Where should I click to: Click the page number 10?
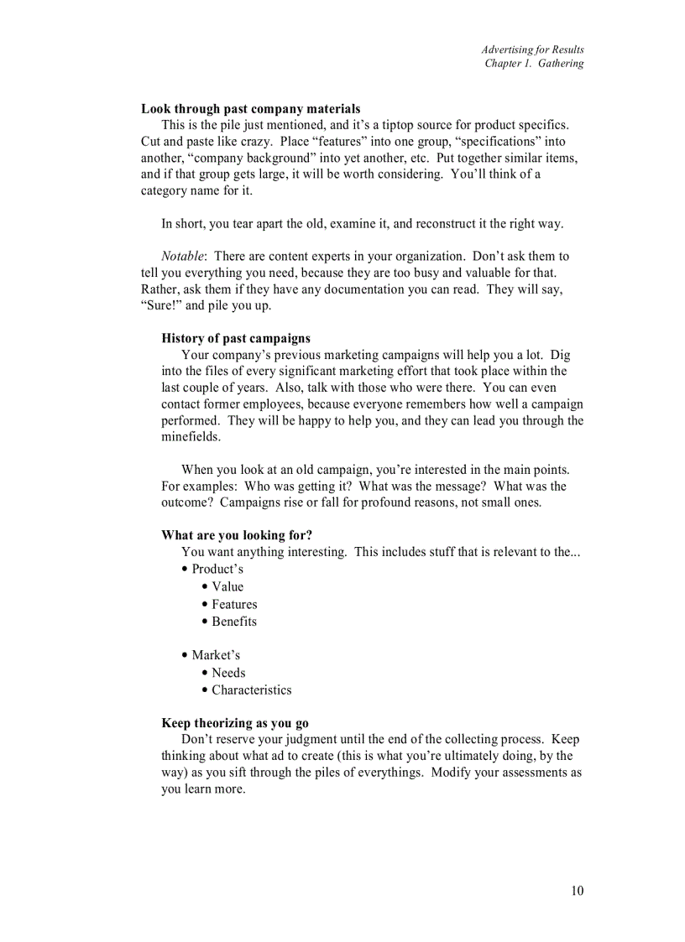(577, 891)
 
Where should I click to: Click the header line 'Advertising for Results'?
(532, 49)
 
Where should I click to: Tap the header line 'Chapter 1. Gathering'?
(534, 64)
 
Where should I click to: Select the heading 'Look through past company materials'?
(250, 109)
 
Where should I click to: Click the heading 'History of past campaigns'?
(235, 339)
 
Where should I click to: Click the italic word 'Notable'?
(182, 257)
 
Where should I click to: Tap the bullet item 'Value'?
(227, 587)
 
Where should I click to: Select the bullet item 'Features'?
(234, 605)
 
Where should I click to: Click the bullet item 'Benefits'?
(234, 622)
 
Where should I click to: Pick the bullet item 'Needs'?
(228, 673)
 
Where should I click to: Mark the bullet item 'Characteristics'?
(251, 690)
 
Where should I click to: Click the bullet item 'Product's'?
(217, 570)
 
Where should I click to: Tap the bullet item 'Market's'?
(216, 655)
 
